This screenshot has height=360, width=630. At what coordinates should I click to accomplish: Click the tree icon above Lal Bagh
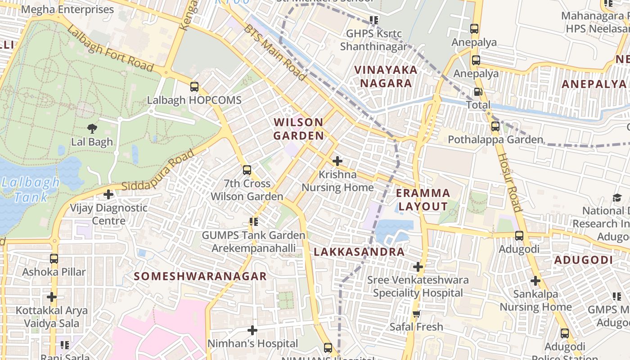[x=92, y=129]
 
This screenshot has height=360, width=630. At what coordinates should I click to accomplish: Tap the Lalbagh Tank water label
[x=30, y=189]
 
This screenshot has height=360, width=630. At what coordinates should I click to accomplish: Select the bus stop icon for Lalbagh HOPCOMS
[x=194, y=87]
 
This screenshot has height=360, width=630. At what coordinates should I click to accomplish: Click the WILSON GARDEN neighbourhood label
[x=299, y=129]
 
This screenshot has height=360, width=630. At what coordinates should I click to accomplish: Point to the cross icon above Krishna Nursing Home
[x=337, y=161]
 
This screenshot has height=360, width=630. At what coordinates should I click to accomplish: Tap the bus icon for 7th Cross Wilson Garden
[x=247, y=170]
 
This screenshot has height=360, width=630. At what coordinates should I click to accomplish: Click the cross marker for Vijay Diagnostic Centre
[x=108, y=194]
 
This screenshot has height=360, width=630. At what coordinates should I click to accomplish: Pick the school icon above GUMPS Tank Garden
[x=254, y=222]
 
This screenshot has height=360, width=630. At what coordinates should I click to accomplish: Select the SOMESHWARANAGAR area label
[x=201, y=276]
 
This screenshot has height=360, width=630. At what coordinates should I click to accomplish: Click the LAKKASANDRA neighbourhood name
[x=359, y=252]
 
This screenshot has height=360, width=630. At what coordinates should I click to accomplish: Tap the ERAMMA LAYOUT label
[x=423, y=200]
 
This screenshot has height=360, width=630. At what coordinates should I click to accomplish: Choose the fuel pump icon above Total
[x=478, y=92]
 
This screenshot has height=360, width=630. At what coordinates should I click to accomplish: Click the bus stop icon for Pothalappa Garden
[x=495, y=126]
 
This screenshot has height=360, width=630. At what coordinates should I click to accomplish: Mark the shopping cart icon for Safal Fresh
[x=417, y=314]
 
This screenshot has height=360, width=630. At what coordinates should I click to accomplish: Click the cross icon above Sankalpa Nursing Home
[x=535, y=281]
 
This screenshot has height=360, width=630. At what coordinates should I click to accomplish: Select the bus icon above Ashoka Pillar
[x=54, y=259]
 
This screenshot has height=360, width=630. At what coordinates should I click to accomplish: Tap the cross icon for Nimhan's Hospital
[x=252, y=331]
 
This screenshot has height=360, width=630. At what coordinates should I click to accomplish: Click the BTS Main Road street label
[x=275, y=53]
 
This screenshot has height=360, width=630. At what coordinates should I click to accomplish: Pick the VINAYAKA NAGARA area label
[x=386, y=76]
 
